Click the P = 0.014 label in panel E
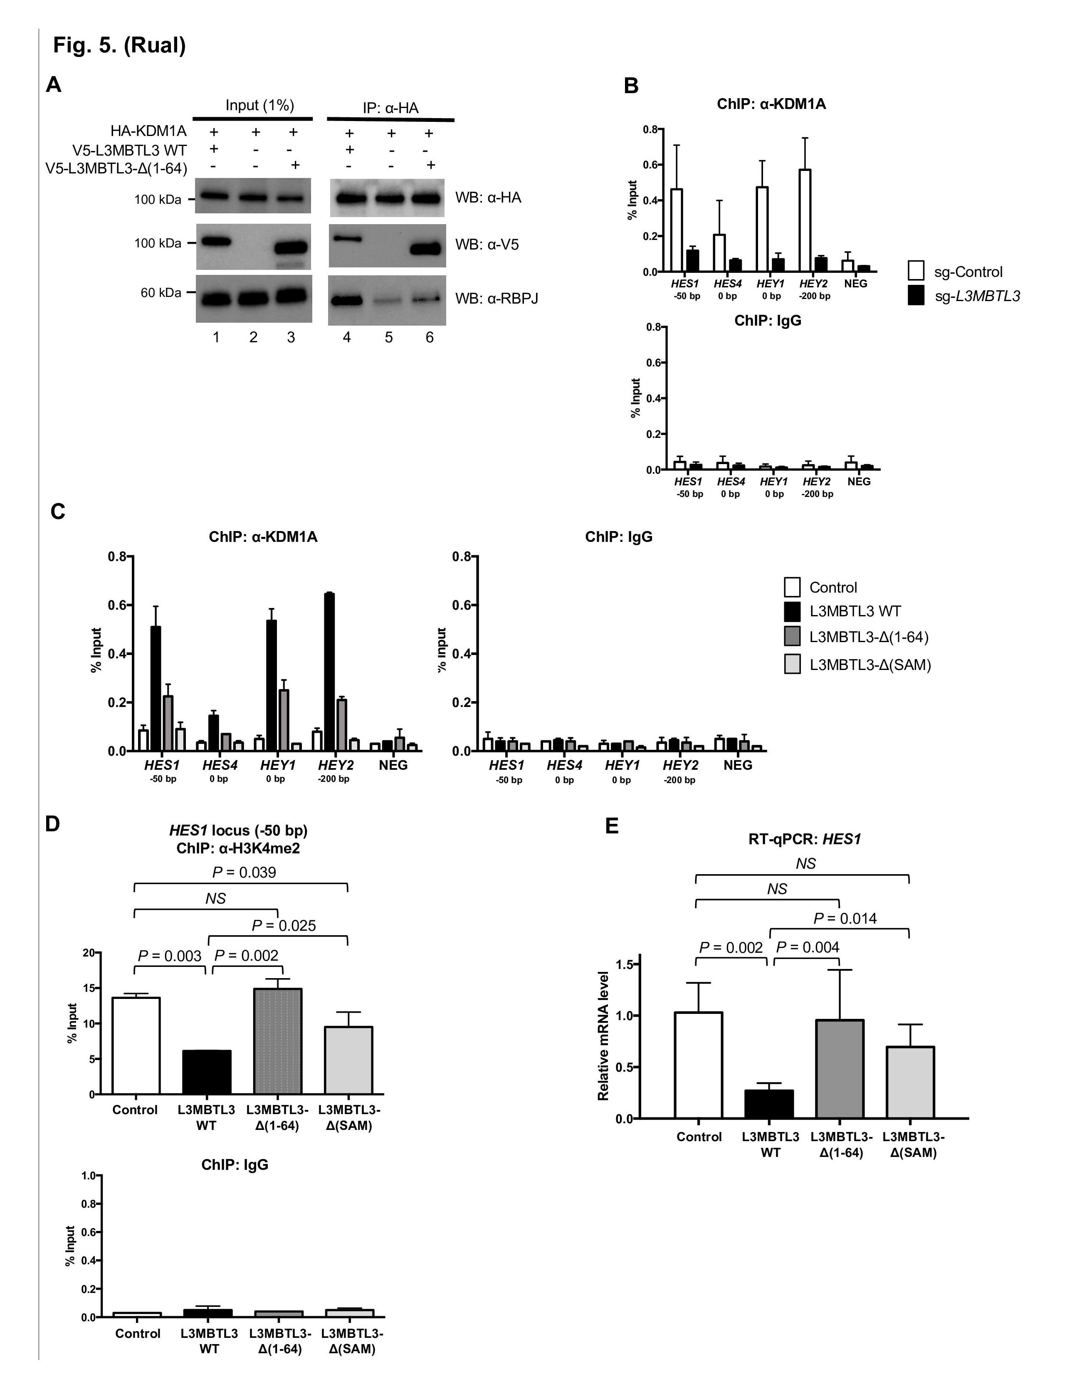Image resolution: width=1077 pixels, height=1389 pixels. pos(845,918)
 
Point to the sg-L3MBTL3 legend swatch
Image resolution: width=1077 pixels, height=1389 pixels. pos(916,295)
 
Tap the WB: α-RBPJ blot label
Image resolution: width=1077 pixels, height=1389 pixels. pos(497,298)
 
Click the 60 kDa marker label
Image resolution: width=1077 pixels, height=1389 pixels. pos(161,292)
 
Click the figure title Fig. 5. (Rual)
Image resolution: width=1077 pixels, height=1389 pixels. pos(119,45)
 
